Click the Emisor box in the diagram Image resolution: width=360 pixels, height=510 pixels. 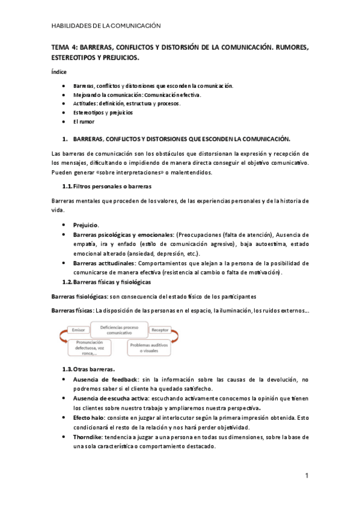click(77, 330)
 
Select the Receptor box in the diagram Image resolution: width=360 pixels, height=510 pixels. click(159, 330)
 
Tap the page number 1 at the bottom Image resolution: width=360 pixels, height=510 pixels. click(307, 476)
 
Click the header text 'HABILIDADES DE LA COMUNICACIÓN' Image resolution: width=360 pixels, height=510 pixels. click(106, 26)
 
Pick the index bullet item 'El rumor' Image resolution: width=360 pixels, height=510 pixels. click(84, 121)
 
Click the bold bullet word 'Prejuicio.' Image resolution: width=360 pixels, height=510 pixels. click(86, 225)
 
